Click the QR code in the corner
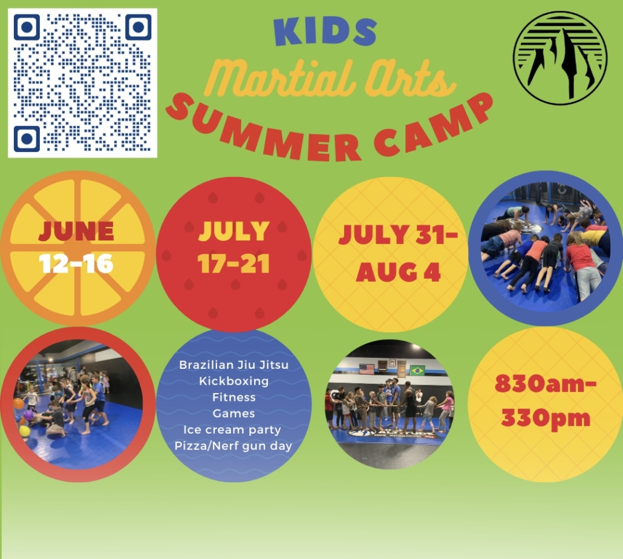(x=83, y=83)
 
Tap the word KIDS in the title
(x=325, y=31)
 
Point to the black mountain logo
(x=560, y=58)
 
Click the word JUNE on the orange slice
(x=76, y=231)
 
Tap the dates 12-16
(x=76, y=264)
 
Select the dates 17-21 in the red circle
(x=234, y=264)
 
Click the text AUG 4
(x=398, y=273)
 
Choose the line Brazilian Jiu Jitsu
(x=233, y=365)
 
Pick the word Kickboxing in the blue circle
(x=233, y=381)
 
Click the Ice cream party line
(x=232, y=429)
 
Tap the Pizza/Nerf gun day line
(x=233, y=446)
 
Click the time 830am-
(x=546, y=385)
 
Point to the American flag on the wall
(x=367, y=369)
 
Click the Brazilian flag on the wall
(x=417, y=371)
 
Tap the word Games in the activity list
(x=233, y=414)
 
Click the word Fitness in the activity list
(x=233, y=397)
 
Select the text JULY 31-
(x=398, y=234)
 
